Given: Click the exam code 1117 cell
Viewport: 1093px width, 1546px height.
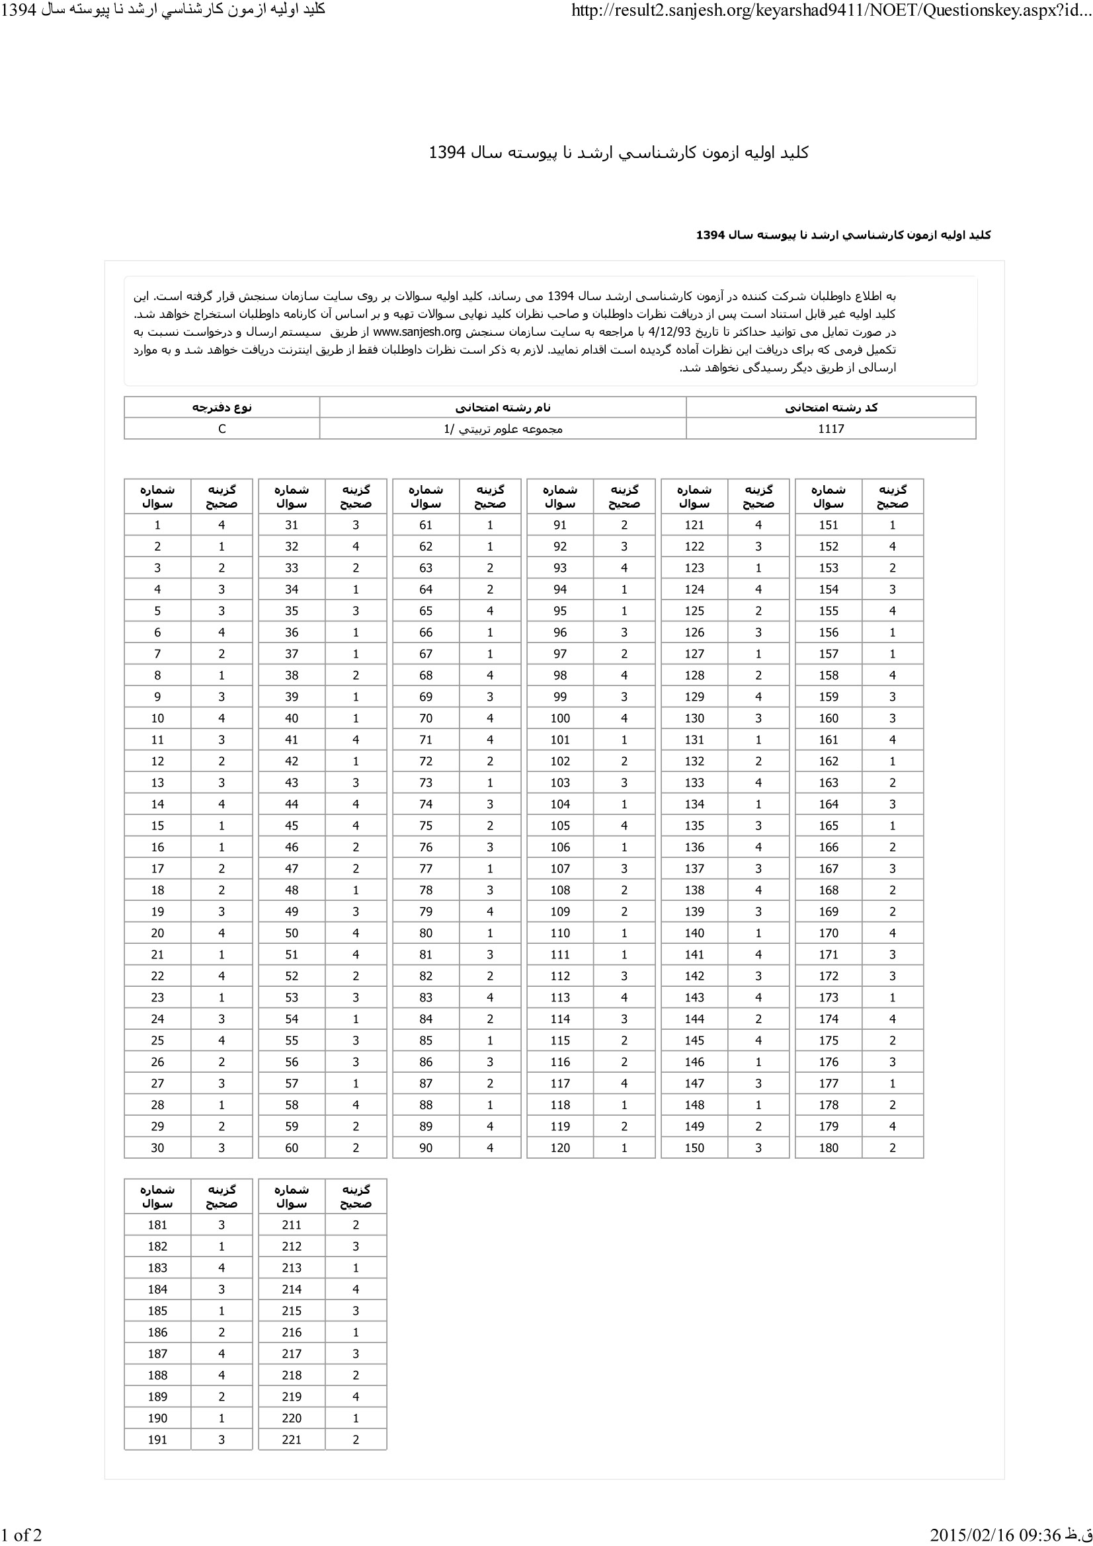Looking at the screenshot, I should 830,429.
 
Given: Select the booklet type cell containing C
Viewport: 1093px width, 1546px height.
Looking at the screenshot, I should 222,429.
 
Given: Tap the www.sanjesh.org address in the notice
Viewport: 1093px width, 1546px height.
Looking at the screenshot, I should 417,332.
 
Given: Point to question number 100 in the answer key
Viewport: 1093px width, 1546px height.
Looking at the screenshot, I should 559,718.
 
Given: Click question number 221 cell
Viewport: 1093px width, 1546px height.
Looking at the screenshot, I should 292,1440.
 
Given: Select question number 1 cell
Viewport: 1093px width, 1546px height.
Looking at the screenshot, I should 157,525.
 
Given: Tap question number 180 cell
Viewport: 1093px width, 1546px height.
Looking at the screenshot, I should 829,1148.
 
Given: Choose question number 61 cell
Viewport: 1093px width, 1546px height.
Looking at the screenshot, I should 426,525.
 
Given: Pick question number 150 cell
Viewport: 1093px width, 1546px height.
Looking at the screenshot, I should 694,1148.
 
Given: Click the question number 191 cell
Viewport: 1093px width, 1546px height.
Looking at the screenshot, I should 157,1440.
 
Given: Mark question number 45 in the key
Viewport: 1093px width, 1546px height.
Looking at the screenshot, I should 292,826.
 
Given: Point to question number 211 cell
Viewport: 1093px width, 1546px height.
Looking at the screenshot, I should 292,1225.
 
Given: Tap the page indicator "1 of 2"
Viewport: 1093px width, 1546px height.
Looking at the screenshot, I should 22,1535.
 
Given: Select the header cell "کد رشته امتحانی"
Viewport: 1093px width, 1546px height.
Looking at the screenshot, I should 830,408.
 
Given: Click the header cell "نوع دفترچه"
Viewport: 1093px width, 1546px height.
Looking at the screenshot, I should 222,408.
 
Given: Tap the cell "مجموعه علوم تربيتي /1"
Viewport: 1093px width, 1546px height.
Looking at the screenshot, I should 503,429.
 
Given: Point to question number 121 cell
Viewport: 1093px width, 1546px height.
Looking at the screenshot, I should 694,525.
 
